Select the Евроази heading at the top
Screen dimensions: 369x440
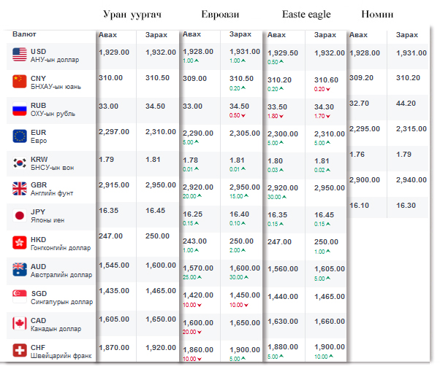pos(220,15)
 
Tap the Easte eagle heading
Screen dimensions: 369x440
pos(306,15)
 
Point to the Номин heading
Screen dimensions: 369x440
pos(377,15)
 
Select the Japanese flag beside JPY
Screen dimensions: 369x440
pos(20,216)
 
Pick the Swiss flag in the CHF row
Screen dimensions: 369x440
pos(20,351)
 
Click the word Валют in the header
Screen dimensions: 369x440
pos(24,34)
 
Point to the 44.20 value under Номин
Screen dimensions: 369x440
pos(406,104)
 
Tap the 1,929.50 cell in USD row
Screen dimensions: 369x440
pos(283,53)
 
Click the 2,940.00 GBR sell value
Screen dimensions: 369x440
pos(411,179)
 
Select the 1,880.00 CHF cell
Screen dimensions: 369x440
pos(283,346)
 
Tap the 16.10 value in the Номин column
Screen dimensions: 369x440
pos(360,206)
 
